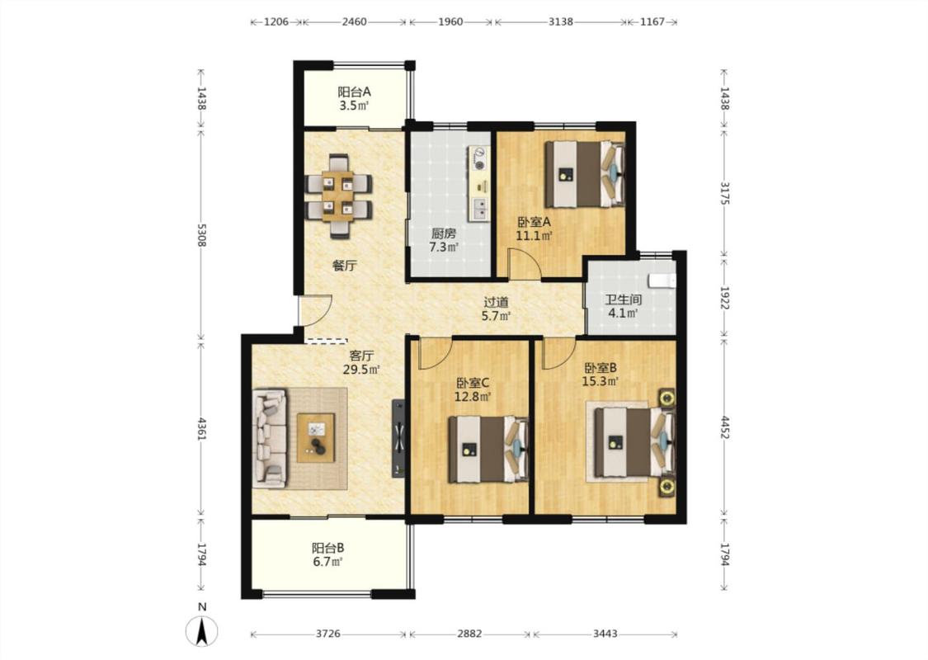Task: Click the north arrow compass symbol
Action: pos(202,631)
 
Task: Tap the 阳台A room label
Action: pos(354,92)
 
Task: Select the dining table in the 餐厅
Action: pos(338,196)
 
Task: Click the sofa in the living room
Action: pos(270,438)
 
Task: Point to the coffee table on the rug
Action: pos(315,438)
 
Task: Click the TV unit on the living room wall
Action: pos(399,438)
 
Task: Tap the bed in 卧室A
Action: pos(585,173)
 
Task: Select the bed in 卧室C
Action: pos(488,450)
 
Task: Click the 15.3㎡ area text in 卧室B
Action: pos(601,382)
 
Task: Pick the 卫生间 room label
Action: pos(623,299)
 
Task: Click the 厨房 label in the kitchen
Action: pos(443,233)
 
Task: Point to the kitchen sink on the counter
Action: pos(480,209)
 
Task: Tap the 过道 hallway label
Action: pos(496,303)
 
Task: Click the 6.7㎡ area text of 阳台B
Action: pos(328,561)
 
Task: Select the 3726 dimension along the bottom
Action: pos(327,634)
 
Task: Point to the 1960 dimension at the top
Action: pos(450,22)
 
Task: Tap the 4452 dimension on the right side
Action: pos(724,427)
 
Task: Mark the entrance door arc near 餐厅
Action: pos(318,310)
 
